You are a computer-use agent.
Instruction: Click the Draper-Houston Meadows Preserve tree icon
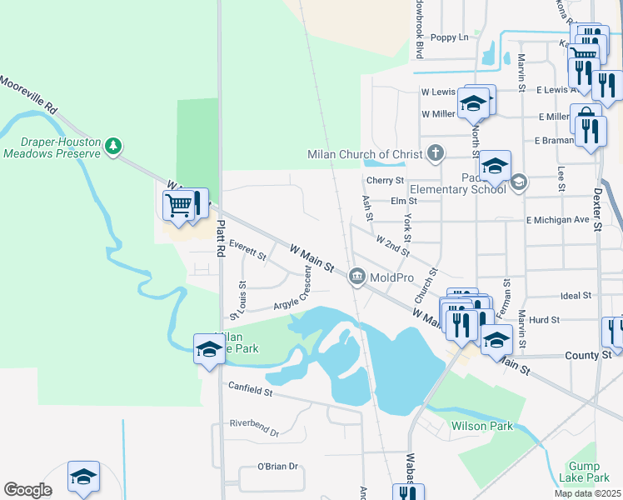113,147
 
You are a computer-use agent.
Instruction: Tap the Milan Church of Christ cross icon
434,152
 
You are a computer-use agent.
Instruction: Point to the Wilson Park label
481,426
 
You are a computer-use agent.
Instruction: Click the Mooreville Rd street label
29,95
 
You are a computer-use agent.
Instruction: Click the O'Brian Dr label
277,466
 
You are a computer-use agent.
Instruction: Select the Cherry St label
385,180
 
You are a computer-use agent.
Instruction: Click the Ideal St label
576,296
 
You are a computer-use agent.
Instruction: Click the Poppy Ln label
450,37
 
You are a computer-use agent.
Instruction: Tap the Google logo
27,490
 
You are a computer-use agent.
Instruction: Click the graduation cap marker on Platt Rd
208,348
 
